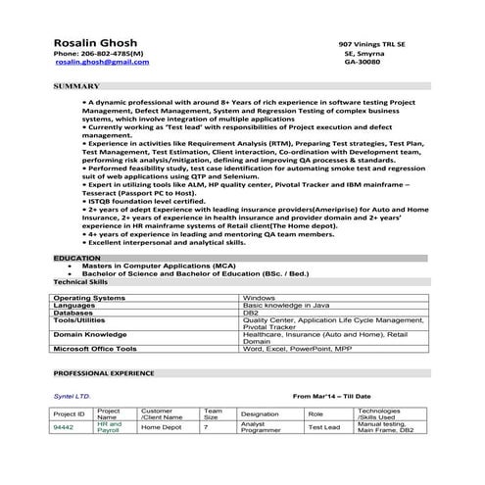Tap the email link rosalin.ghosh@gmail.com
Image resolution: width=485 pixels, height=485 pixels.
pos(102,62)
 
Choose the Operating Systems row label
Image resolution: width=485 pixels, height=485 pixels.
pos(89,296)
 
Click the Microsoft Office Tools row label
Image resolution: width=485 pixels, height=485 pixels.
pos(103,349)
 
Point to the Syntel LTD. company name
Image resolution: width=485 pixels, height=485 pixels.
pos(72,396)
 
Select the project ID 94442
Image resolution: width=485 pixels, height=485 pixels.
pos(64,427)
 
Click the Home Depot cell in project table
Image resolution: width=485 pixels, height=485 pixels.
pos(161,427)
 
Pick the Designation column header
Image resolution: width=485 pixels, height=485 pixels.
pos(260,413)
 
